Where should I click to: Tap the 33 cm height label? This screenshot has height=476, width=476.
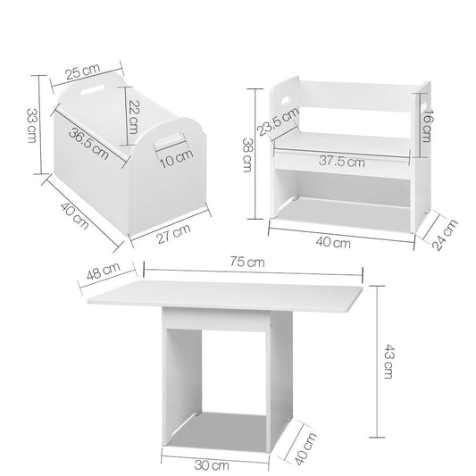coord(30,126)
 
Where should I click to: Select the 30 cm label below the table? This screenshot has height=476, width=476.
coord(217,463)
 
